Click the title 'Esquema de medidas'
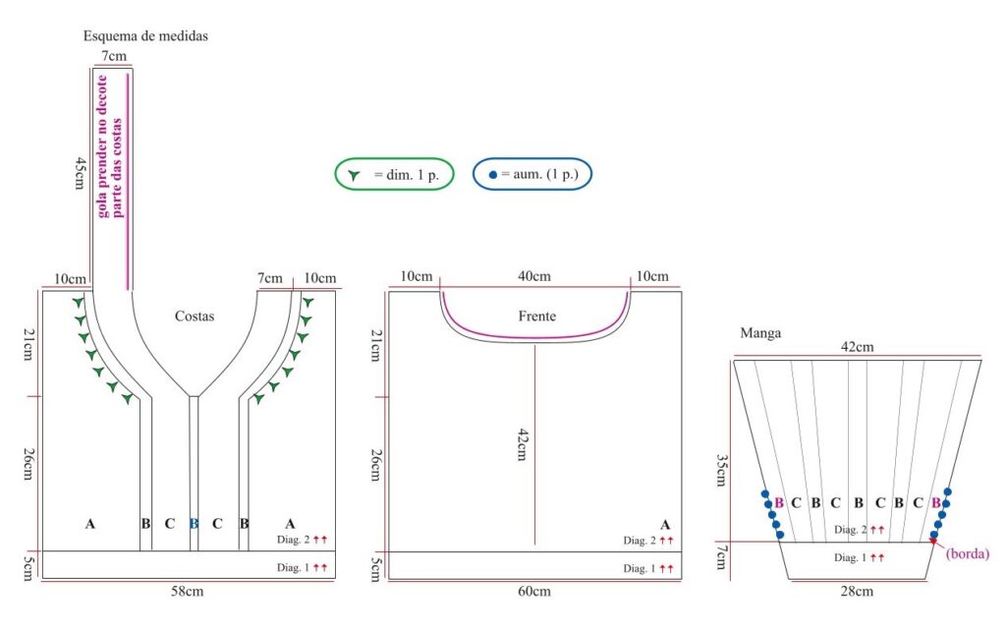145,36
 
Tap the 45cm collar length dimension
79,173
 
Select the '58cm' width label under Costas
188,592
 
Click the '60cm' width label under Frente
534,592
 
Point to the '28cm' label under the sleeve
857,592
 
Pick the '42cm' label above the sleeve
857,347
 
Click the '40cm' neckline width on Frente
534,276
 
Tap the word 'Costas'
195,316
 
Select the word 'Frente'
537,316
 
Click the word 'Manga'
761,333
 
